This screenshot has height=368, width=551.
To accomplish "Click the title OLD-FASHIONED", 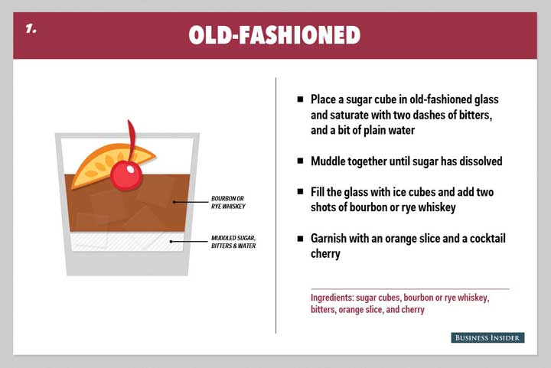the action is click(275, 34).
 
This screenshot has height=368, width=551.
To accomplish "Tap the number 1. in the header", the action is click(31, 28).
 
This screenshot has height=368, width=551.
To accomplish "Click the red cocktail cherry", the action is click(126, 175).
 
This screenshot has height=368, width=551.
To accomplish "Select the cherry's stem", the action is click(132, 141).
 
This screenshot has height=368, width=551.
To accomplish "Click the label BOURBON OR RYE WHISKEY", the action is click(228, 202).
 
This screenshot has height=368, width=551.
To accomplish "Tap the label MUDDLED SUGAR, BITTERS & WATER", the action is click(233, 242).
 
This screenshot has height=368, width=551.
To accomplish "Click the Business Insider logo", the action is click(487, 338).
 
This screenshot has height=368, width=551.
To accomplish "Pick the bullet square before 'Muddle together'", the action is click(300, 161).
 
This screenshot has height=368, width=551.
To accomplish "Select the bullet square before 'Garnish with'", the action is click(300, 239).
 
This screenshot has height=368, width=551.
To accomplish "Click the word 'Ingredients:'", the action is click(332, 298).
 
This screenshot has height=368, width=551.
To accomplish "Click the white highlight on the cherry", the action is click(130, 170).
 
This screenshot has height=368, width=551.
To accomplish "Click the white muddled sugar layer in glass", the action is click(127, 242).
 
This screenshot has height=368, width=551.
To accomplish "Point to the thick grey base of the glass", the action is click(127, 263).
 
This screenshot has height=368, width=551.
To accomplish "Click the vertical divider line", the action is click(275, 205).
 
